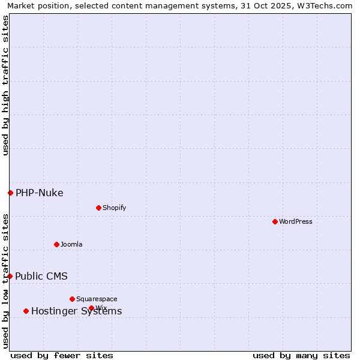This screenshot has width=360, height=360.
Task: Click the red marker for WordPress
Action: [x=275, y=221]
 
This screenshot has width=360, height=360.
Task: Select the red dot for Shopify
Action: [x=98, y=208]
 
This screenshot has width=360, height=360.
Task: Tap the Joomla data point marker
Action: [x=56, y=244]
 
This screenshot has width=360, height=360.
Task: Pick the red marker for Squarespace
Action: [x=72, y=299]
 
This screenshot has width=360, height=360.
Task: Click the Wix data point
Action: [x=91, y=308]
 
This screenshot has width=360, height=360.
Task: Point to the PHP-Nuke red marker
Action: [x=10, y=193]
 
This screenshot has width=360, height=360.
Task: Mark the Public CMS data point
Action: [x=10, y=276]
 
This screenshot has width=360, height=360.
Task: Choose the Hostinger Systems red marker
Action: [x=26, y=311]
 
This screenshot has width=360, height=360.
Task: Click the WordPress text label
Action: [x=296, y=221]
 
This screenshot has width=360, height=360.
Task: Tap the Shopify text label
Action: [x=114, y=208]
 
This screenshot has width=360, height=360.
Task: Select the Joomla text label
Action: [x=71, y=244]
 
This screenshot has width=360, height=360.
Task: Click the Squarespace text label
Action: [x=97, y=299]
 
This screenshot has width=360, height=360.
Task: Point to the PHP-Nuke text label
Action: [x=40, y=193]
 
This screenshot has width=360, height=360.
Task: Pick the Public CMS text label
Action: [x=41, y=276]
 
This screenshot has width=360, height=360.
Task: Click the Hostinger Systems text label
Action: [x=76, y=311]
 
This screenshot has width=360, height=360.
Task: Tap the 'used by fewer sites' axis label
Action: [x=62, y=355]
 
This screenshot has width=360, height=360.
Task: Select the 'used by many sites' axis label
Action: [x=301, y=355]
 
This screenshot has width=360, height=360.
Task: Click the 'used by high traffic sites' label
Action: [x=5, y=85]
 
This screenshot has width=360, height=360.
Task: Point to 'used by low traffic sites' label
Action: [x=5, y=281]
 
